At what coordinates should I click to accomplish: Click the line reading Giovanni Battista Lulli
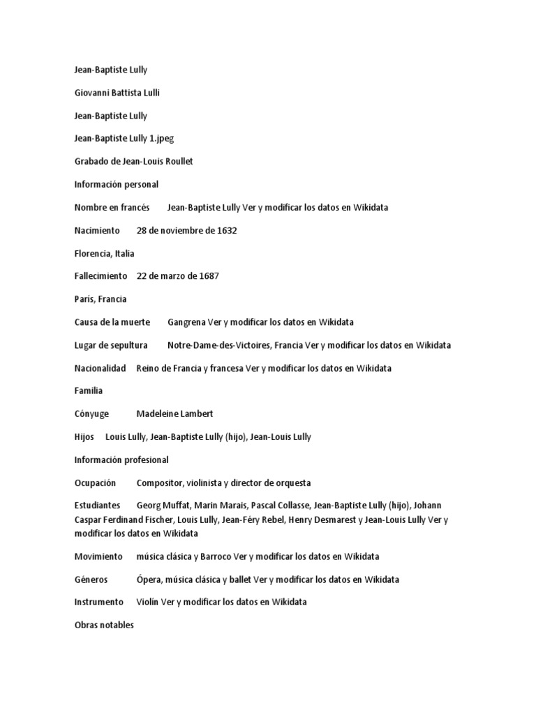coord(117,93)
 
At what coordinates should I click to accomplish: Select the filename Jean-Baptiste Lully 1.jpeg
coord(124,139)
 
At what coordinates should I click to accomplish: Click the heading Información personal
coord(117,185)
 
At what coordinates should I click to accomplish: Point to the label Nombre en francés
coord(112,208)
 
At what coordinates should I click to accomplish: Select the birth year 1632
coord(226,231)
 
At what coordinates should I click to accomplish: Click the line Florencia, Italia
coord(105,254)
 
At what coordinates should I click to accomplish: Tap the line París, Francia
coord(100,299)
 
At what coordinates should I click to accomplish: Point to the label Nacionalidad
coord(100,368)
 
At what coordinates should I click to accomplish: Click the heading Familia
coord(89,391)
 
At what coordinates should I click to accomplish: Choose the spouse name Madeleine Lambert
coord(174,414)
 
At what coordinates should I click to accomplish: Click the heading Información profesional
coord(121,460)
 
